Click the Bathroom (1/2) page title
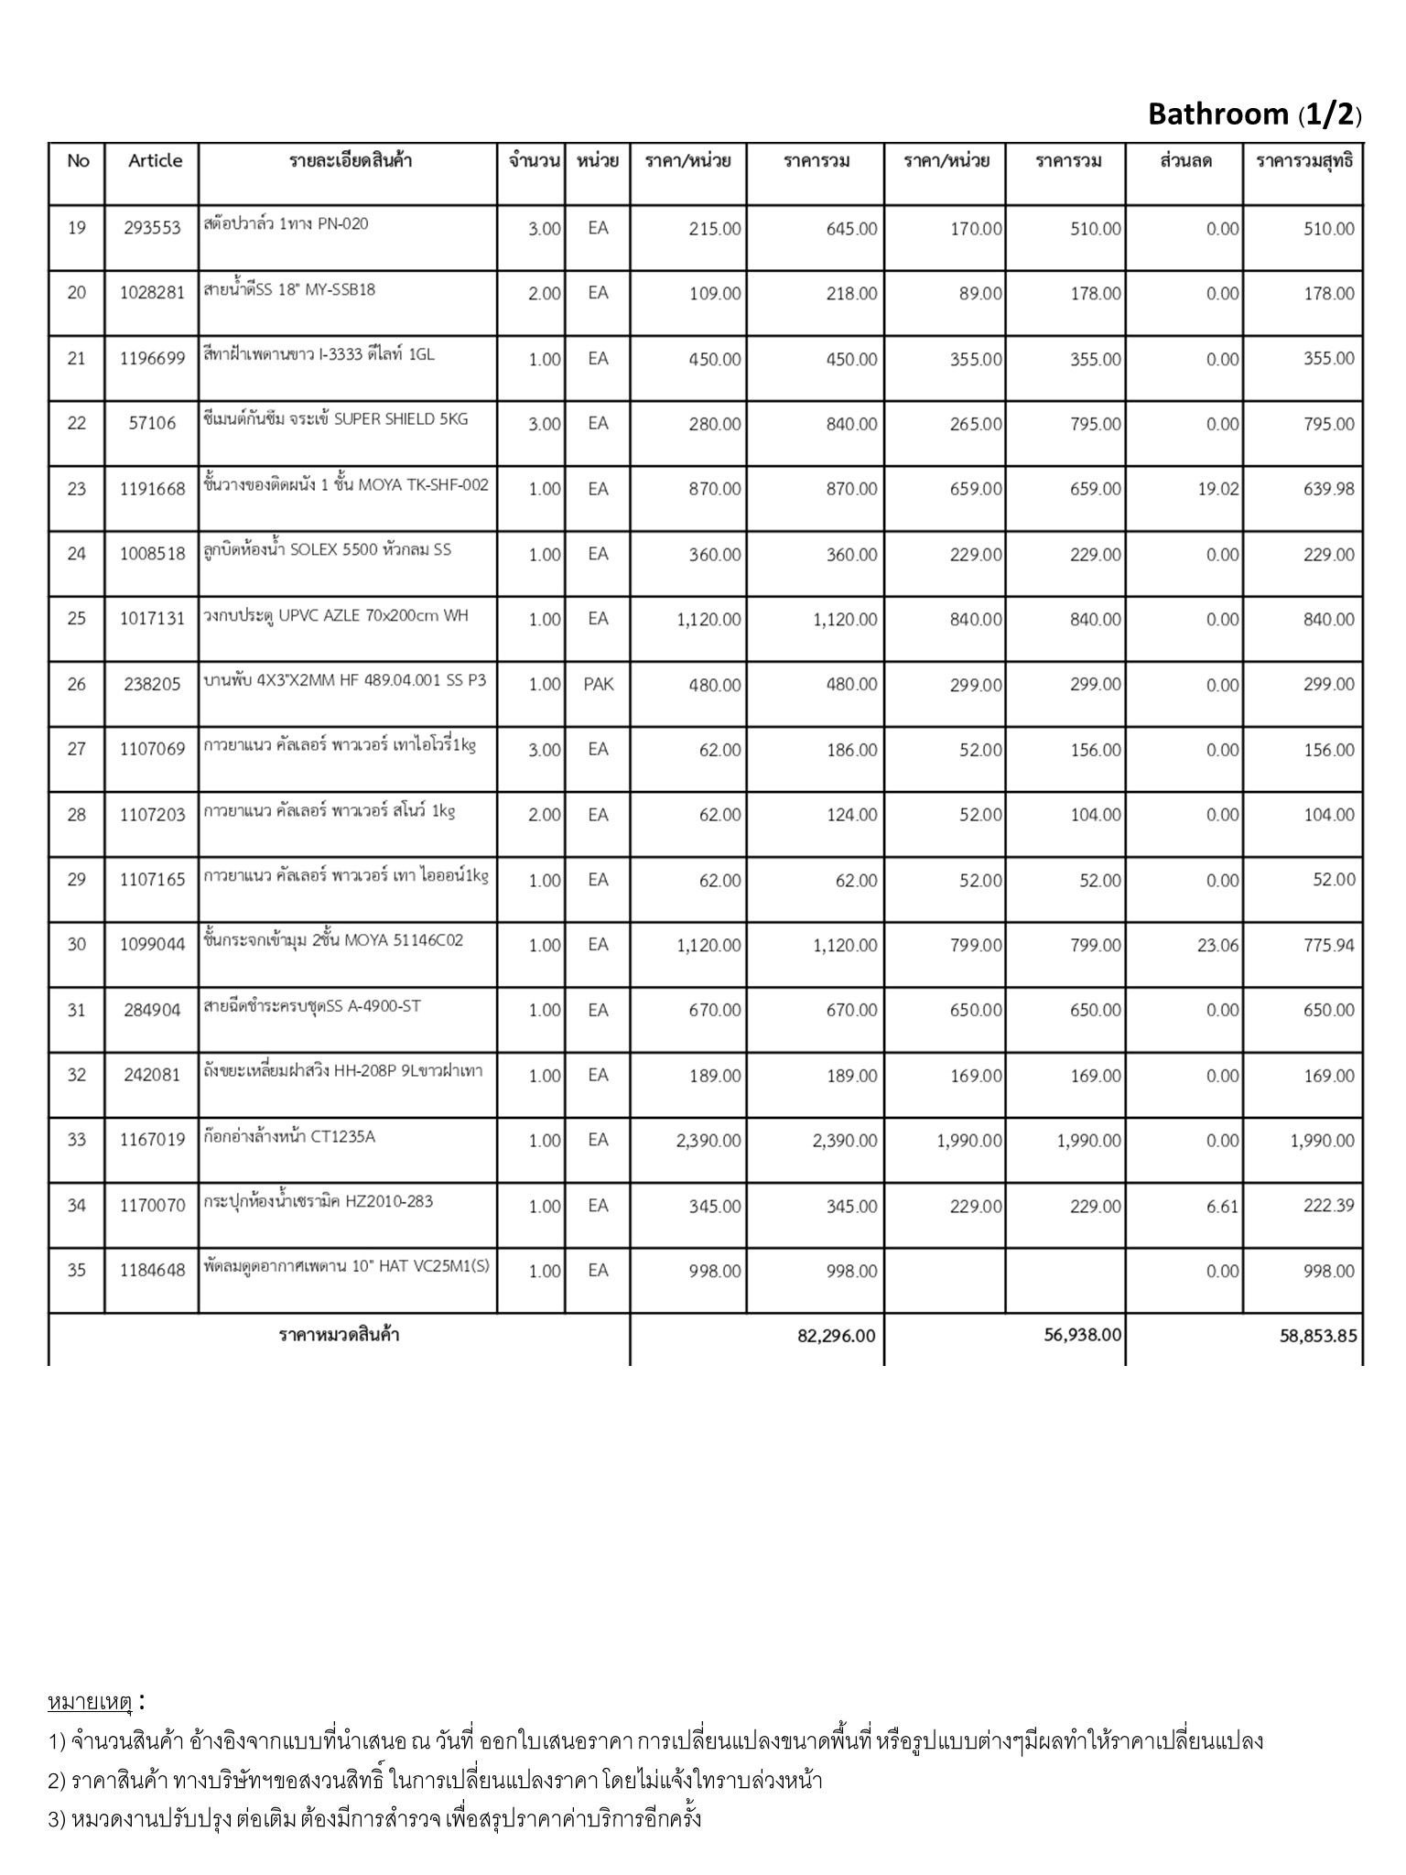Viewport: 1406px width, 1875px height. click(1254, 114)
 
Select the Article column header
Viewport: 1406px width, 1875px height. click(155, 161)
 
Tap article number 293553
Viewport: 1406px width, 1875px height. click(152, 228)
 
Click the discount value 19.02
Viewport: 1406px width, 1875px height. click(1217, 489)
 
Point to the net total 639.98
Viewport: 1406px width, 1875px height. click(1328, 489)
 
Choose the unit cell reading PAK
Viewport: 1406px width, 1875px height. click(598, 684)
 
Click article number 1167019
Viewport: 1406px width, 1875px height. click(152, 1141)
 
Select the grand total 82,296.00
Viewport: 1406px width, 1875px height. click(836, 1336)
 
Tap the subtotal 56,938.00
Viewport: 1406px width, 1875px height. click(1082, 1335)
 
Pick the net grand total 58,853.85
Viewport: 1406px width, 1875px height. click(1318, 1336)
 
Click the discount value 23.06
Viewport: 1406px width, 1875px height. click(1217, 945)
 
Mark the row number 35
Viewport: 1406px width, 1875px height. click(77, 1271)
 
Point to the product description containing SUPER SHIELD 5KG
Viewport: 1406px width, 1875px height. click(335, 419)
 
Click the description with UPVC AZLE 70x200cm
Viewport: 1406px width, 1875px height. click(335, 615)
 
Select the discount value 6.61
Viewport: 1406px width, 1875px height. click(1221, 1206)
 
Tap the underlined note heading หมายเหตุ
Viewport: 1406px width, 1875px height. click(90, 1702)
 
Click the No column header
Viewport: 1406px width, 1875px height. click(78, 161)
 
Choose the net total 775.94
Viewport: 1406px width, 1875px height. click(1328, 945)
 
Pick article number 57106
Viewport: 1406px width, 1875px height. click(152, 423)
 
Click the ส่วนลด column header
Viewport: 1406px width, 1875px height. click(1185, 161)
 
